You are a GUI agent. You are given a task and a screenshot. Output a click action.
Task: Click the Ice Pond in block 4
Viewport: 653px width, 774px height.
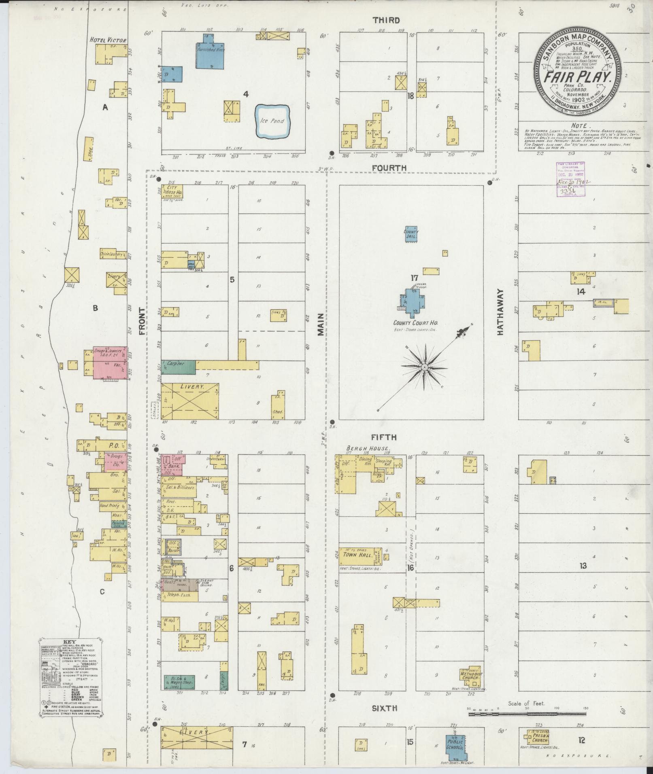274,121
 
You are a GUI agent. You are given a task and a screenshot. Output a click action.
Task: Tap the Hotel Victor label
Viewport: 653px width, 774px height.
108,40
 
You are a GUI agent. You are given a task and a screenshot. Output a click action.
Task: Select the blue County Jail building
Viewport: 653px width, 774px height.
411,234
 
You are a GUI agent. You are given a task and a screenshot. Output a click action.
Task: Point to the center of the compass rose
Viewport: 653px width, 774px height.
425,367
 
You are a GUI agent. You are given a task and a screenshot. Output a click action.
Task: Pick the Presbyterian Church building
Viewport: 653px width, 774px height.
538,738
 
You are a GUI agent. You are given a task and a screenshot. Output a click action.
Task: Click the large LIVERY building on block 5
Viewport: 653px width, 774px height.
190,401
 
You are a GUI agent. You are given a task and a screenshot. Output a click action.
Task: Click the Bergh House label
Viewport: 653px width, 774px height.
368,449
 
